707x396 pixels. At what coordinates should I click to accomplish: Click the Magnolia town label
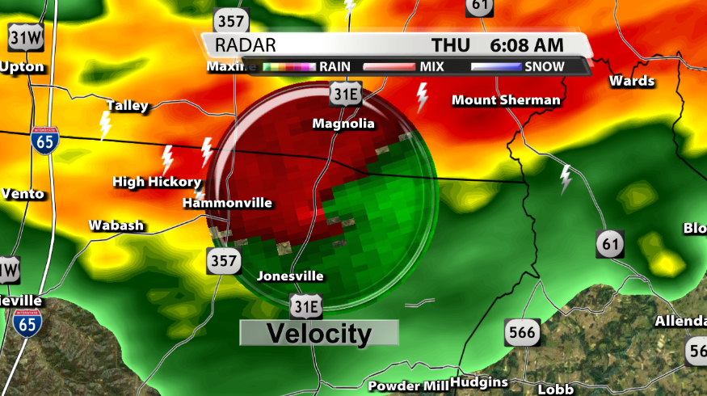(343, 124)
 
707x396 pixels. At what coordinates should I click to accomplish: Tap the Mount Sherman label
(506, 100)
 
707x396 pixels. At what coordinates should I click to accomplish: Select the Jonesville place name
(290, 276)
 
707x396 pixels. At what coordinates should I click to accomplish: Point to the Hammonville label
(227, 203)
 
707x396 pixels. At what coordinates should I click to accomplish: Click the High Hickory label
(157, 182)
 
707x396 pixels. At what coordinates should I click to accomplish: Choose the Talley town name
(128, 106)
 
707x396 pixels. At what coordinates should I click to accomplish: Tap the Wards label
(632, 81)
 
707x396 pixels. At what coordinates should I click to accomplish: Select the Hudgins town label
(479, 382)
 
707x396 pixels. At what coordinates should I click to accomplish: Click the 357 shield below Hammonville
(222, 260)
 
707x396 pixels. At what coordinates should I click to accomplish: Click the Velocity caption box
(319, 333)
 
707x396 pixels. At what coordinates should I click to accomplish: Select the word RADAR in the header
(246, 45)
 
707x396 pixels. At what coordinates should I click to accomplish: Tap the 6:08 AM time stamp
(527, 45)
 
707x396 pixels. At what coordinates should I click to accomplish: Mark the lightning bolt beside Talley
(105, 126)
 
